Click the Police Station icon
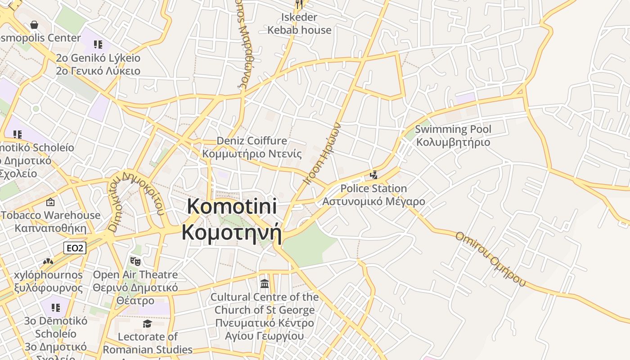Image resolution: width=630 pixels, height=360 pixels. point(373,175)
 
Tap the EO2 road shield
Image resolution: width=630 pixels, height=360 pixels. point(75,248)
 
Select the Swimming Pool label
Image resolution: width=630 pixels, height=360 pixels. point(453,130)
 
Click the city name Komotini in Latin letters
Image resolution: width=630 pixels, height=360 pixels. point(232,207)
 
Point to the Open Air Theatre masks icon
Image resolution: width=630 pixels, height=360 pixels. point(135,261)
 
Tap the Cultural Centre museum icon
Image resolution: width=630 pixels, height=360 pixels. point(265,284)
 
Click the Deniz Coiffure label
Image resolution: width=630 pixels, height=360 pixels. point(252,141)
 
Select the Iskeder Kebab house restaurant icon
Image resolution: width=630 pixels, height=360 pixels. point(299,4)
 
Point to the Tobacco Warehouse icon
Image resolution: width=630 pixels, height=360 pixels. point(50,202)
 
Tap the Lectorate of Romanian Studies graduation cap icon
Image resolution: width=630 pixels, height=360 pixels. point(147,324)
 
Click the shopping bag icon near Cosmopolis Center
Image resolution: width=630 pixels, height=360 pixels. point(34,25)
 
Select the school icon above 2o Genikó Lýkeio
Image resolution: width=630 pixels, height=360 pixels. point(98,44)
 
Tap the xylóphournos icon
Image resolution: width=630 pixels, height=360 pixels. point(48,261)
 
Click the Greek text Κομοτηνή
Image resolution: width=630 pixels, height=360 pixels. point(232,233)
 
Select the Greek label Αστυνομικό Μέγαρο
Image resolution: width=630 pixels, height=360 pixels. point(373,201)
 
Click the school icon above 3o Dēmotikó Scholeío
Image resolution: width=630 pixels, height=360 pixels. point(55,308)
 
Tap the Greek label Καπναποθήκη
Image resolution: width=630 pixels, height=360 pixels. point(50,228)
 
